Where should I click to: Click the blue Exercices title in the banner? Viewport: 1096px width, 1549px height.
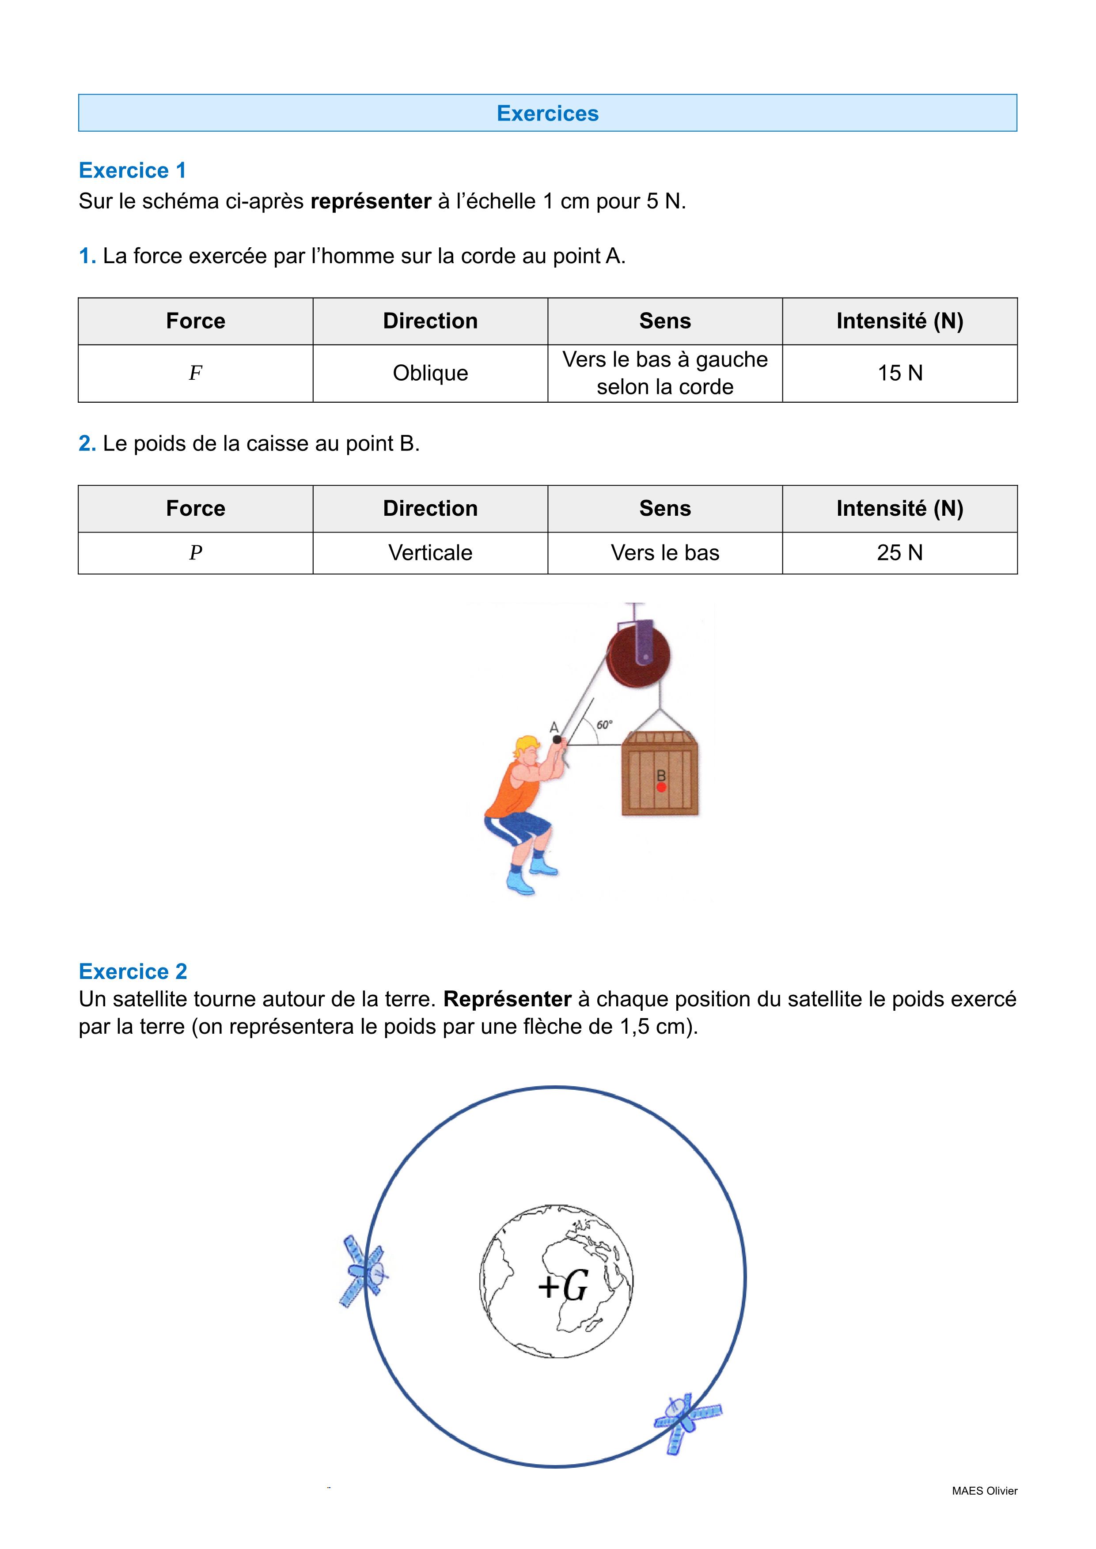[x=547, y=113]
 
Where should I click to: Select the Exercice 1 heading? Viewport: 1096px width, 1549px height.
[x=132, y=170]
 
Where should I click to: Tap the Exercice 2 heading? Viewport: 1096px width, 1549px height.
[x=132, y=971]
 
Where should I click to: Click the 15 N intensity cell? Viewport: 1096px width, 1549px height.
[x=899, y=373]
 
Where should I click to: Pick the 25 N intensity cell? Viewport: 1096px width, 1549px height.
[x=899, y=552]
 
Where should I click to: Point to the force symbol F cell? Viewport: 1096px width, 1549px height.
[x=195, y=373]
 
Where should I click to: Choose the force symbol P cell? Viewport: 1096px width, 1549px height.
[x=195, y=552]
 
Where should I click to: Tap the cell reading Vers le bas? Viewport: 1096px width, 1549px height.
[x=665, y=552]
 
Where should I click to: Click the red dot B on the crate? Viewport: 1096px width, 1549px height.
[x=661, y=787]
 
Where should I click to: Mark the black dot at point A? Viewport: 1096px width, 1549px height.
[x=557, y=740]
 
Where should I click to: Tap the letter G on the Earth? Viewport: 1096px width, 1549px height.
[x=575, y=1286]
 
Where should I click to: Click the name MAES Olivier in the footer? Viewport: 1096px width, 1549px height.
[x=984, y=1491]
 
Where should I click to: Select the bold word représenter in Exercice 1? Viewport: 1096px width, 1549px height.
[x=371, y=201]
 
